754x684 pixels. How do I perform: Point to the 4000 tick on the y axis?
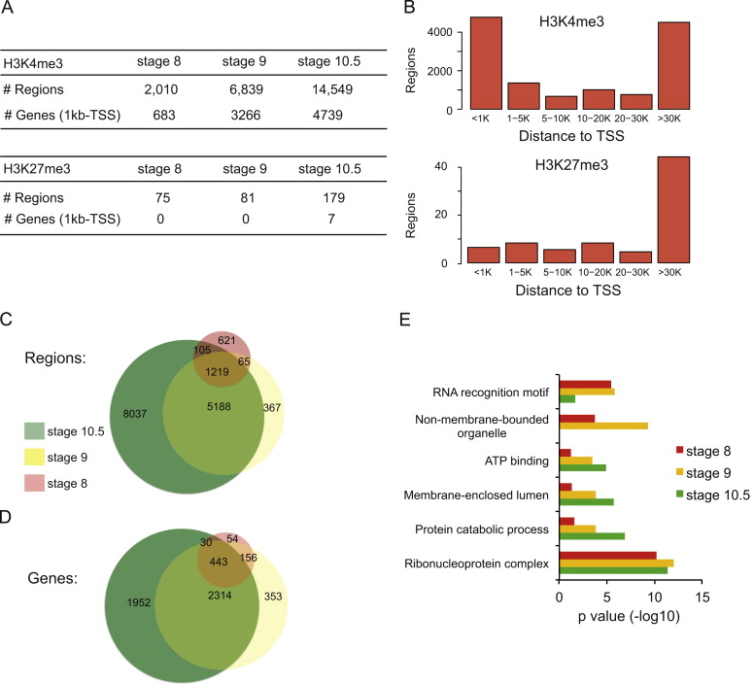pos(440,32)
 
